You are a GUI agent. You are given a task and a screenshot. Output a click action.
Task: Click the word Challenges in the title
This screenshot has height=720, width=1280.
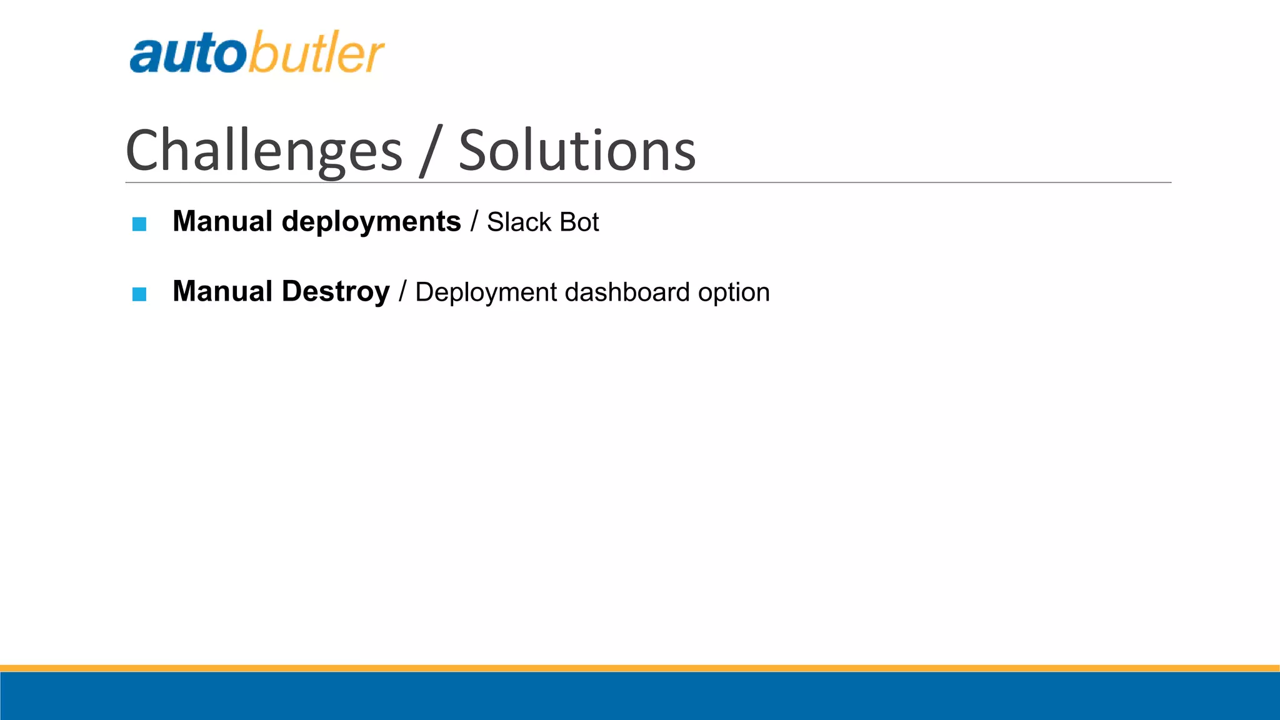point(264,151)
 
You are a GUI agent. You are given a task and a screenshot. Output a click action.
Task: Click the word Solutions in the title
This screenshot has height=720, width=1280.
point(577,151)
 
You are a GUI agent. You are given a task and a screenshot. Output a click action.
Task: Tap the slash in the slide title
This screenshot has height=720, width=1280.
point(431,151)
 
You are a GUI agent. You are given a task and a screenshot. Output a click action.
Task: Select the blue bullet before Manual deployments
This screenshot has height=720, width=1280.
point(139,224)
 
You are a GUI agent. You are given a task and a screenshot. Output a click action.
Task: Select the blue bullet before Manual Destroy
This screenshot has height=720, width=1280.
point(139,294)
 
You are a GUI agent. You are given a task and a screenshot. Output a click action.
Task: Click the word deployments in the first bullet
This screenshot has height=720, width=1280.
point(371,222)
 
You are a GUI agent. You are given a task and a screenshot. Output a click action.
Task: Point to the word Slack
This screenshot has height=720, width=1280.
point(519,222)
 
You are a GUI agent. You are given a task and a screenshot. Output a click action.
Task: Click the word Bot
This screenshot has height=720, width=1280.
point(579,222)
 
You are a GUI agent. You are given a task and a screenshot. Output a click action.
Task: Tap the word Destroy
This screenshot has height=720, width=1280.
point(336,292)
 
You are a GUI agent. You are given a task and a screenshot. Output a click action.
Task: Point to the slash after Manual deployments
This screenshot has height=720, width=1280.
point(474,222)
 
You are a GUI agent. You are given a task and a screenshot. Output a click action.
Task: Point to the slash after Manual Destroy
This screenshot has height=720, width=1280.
point(402,292)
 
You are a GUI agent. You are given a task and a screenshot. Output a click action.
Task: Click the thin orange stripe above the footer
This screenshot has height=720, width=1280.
point(640,668)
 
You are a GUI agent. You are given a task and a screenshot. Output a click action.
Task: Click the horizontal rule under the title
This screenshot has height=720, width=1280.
point(647,182)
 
